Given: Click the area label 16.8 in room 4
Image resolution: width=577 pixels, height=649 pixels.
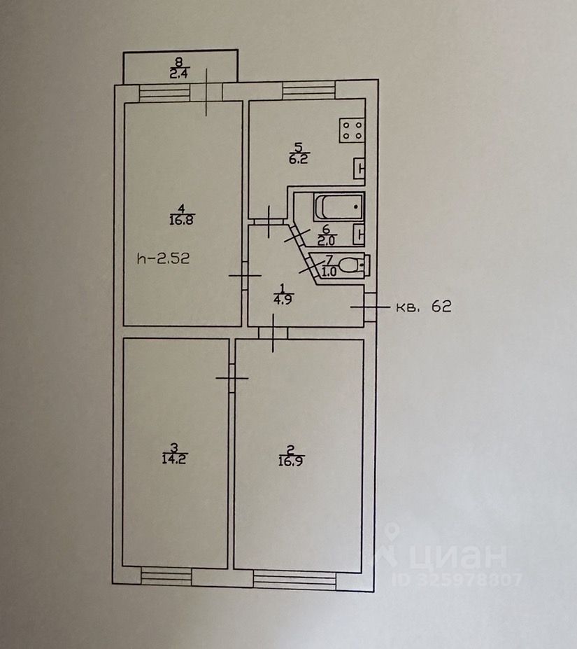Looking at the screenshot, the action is (181, 221).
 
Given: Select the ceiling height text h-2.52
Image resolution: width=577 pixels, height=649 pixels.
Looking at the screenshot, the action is (164, 258).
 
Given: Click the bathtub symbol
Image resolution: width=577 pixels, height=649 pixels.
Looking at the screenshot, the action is (339, 207).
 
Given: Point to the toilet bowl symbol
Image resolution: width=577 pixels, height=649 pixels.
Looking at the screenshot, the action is (355, 265).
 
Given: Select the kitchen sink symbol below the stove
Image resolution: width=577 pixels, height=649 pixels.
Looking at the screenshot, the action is (359, 169).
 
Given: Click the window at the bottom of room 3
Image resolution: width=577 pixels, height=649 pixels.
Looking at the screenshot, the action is (166, 576).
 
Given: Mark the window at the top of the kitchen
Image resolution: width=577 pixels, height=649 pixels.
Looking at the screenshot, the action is (308, 89).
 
